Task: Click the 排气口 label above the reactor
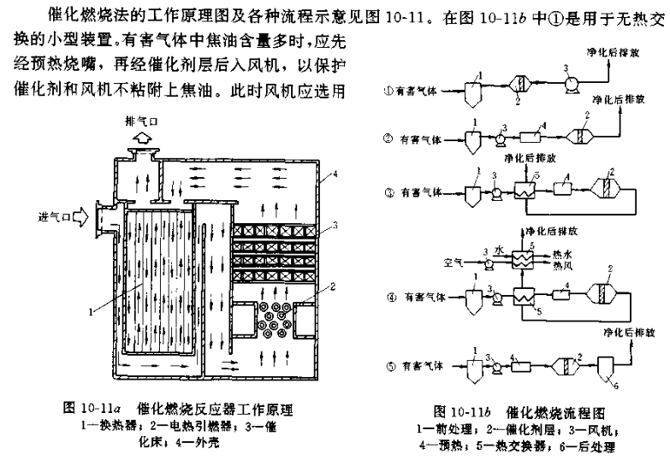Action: coord(141,121)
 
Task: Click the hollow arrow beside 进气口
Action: coord(80,217)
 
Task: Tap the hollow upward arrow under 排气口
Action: coord(141,138)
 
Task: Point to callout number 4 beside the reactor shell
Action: coord(335,174)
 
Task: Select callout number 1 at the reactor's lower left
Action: coord(91,312)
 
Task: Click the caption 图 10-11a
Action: coord(90,409)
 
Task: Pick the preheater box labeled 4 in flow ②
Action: coord(531,137)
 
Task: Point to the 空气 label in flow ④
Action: coord(454,263)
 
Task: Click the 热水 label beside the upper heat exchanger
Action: coord(562,255)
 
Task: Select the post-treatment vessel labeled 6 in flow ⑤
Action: coord(606,368)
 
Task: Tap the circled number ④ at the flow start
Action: coord(391,298)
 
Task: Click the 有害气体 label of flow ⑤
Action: coord(423,366)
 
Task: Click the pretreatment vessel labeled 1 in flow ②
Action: coord(472,141)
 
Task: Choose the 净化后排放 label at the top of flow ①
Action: coord(613,52)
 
